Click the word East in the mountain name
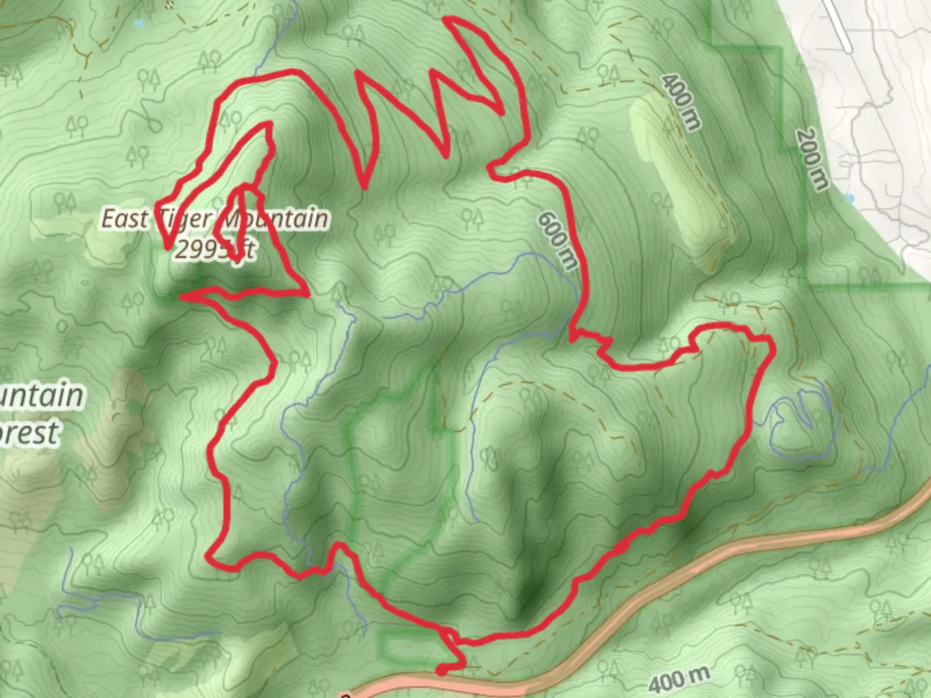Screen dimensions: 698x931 point(125,219)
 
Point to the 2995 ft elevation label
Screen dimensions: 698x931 point(214,249)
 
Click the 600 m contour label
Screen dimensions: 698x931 point(557,241)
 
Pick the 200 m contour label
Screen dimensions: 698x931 point(812,159)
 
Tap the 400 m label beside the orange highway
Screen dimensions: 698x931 point(679,679)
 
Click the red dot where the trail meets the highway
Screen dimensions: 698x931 point(441,671)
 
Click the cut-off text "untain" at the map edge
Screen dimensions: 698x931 point(42,396)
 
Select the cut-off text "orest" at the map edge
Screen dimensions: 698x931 point(29,433)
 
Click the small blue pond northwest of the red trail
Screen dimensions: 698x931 point(138,24)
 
